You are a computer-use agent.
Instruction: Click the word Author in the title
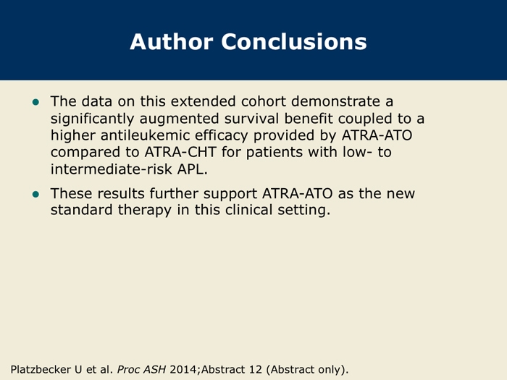click(172, 42)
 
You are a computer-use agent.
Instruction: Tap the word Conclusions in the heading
click(294, 42)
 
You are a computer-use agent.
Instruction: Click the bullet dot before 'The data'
click(36, 103)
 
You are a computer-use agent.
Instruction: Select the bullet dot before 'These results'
click(36, 194)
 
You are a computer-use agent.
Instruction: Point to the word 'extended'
click(204, 101)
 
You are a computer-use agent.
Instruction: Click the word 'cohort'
click(264, 101)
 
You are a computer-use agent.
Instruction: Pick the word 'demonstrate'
click(335, 101)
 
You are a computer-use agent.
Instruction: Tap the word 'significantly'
click(92, 119)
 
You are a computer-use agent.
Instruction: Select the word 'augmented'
click(180, 119)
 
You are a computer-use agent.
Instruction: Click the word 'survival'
click(251, 118)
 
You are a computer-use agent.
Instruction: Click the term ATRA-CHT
click(180, 152)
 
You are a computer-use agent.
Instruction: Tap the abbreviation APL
click(193, 169)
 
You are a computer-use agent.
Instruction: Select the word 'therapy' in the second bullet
click(145, 211)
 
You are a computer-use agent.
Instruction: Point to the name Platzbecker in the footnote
click(41, 369)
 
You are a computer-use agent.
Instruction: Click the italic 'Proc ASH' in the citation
click(141, 369)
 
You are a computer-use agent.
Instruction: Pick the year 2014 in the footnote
click(184, 369)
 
